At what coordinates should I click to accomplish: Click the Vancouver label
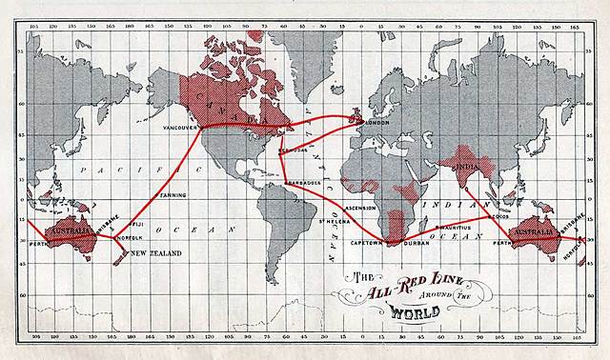pos(180,127)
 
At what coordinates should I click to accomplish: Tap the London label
pos(376,122)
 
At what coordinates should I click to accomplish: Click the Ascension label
pos(361,207)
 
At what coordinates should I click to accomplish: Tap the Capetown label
pos(367,243)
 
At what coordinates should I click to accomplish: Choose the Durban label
pos(417,243)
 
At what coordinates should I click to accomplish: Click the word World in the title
pos(381,310)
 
